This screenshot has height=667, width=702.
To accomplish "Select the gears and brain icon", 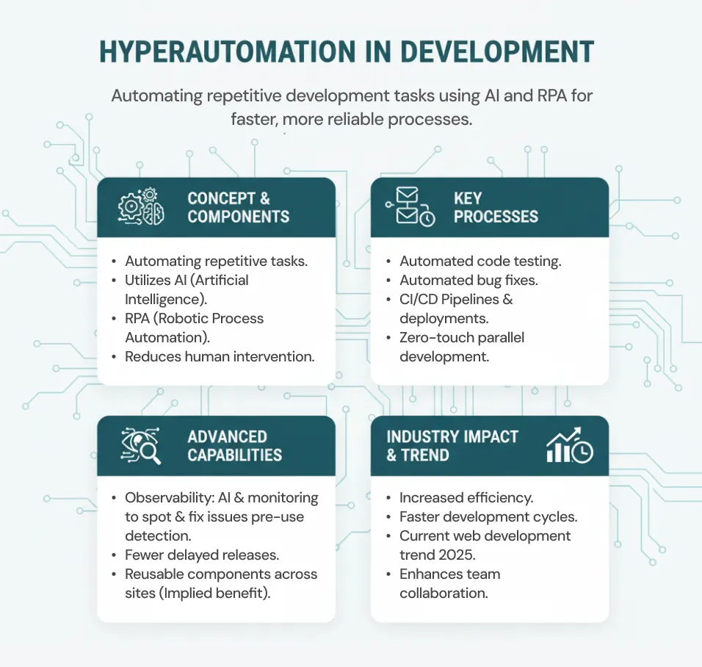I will point(142,206).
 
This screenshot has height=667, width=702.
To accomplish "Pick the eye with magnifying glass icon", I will point(140,445).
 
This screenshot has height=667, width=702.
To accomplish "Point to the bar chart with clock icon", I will point(569,445).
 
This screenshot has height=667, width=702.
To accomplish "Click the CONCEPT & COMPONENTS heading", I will point(238,207).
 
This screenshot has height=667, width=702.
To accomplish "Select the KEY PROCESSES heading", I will point(496,207).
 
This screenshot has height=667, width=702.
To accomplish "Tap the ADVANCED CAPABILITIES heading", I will point(234,445).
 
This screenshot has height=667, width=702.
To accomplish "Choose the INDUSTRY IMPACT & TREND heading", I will point(452,445).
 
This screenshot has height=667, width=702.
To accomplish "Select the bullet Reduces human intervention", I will point(220,356).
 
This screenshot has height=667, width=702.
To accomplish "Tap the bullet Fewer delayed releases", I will point(202,555).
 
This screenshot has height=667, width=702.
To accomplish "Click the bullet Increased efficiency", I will point(466,497).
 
